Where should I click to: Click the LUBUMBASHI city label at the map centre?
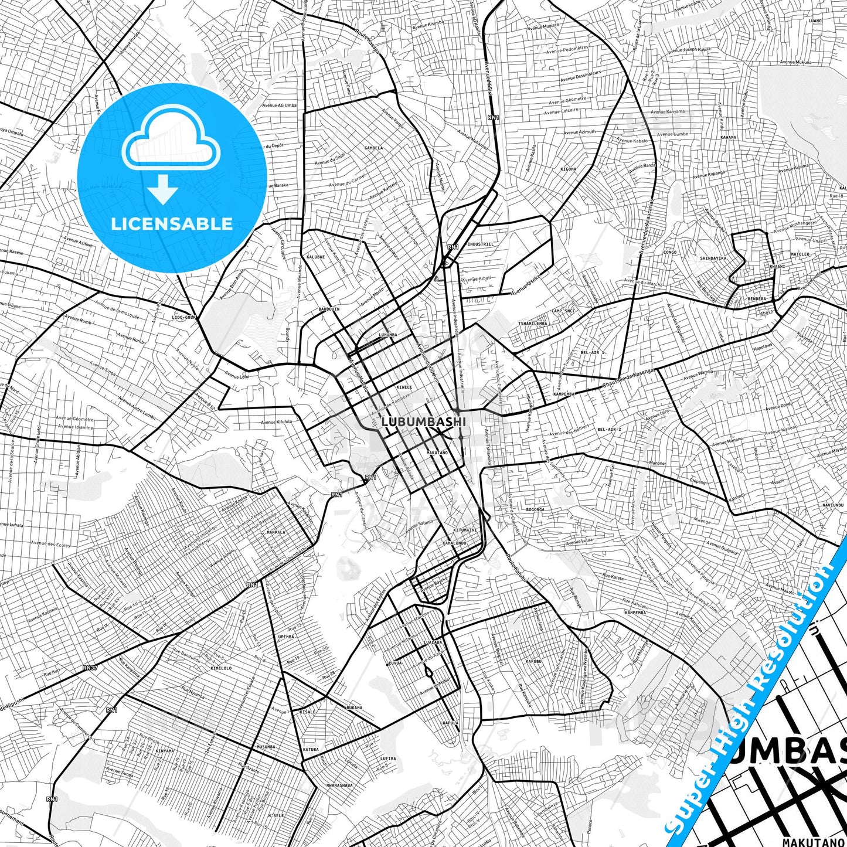pyautogui.click(x=423, y=421)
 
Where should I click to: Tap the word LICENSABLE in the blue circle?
pyautogui.click(x=172, y=224)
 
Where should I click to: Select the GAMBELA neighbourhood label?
pyautogui.click(x=373, y=148)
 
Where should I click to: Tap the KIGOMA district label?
pyautogui.click(x=568, y=169)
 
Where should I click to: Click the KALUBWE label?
pyautogui.click(x=315, y=257)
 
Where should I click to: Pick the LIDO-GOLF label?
pyautogui.click(x=183, y=317)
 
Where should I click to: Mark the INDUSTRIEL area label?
pyautogui.click(x=480, y=244)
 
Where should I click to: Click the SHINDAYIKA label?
pyautogui.click(x=713, y=258)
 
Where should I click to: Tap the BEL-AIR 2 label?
pyautogui.click(x=609, y=429)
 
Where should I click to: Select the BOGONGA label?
pyautogui.click(x=535, y=509)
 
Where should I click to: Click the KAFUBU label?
pyautogui.click(x=534, y=661)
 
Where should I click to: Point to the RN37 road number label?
pyautogui.click(x=90, y=667)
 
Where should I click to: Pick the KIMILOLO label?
pyautogui.click(x=221, y=668)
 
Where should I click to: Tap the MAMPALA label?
pyautogui.click(x=275, y=532)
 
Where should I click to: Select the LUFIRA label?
pyautogui.click(x=387, y=758)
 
